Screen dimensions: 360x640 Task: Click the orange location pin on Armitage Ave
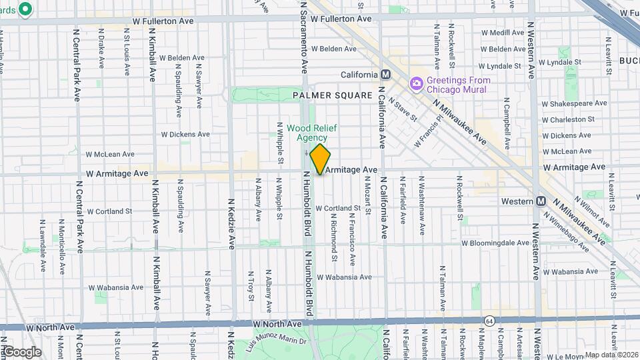(321, 159)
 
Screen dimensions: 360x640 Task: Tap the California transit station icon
(385, 75)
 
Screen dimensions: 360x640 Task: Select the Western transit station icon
(541, 201)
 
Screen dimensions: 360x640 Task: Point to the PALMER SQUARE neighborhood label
(332, 96)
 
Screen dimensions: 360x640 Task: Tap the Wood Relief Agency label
(307, 133)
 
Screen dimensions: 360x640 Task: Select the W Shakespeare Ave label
(574, 103)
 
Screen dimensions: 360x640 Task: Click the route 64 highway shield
(490, 321)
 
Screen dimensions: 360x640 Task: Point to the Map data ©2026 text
(611, 355)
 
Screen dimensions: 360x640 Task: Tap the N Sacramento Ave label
(304, 37)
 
